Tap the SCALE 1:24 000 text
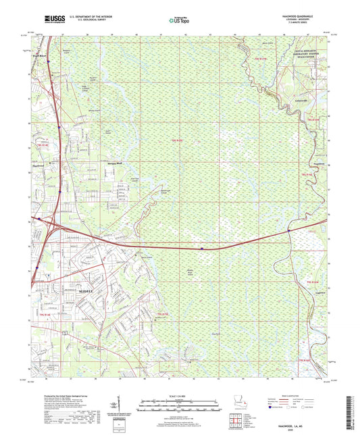click(180, 397)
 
